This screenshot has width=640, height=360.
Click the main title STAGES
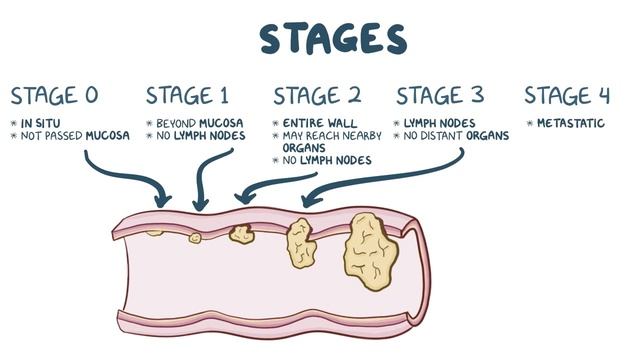[333, 39]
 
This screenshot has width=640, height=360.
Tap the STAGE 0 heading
[54, 96]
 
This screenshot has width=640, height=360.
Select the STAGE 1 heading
[187, 96]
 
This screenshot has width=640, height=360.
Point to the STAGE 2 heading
[317, 96]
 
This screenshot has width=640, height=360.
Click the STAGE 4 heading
[567, 96]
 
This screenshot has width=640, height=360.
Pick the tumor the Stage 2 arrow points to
[241, 234]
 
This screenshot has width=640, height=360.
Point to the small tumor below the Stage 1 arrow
[196, 237]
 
